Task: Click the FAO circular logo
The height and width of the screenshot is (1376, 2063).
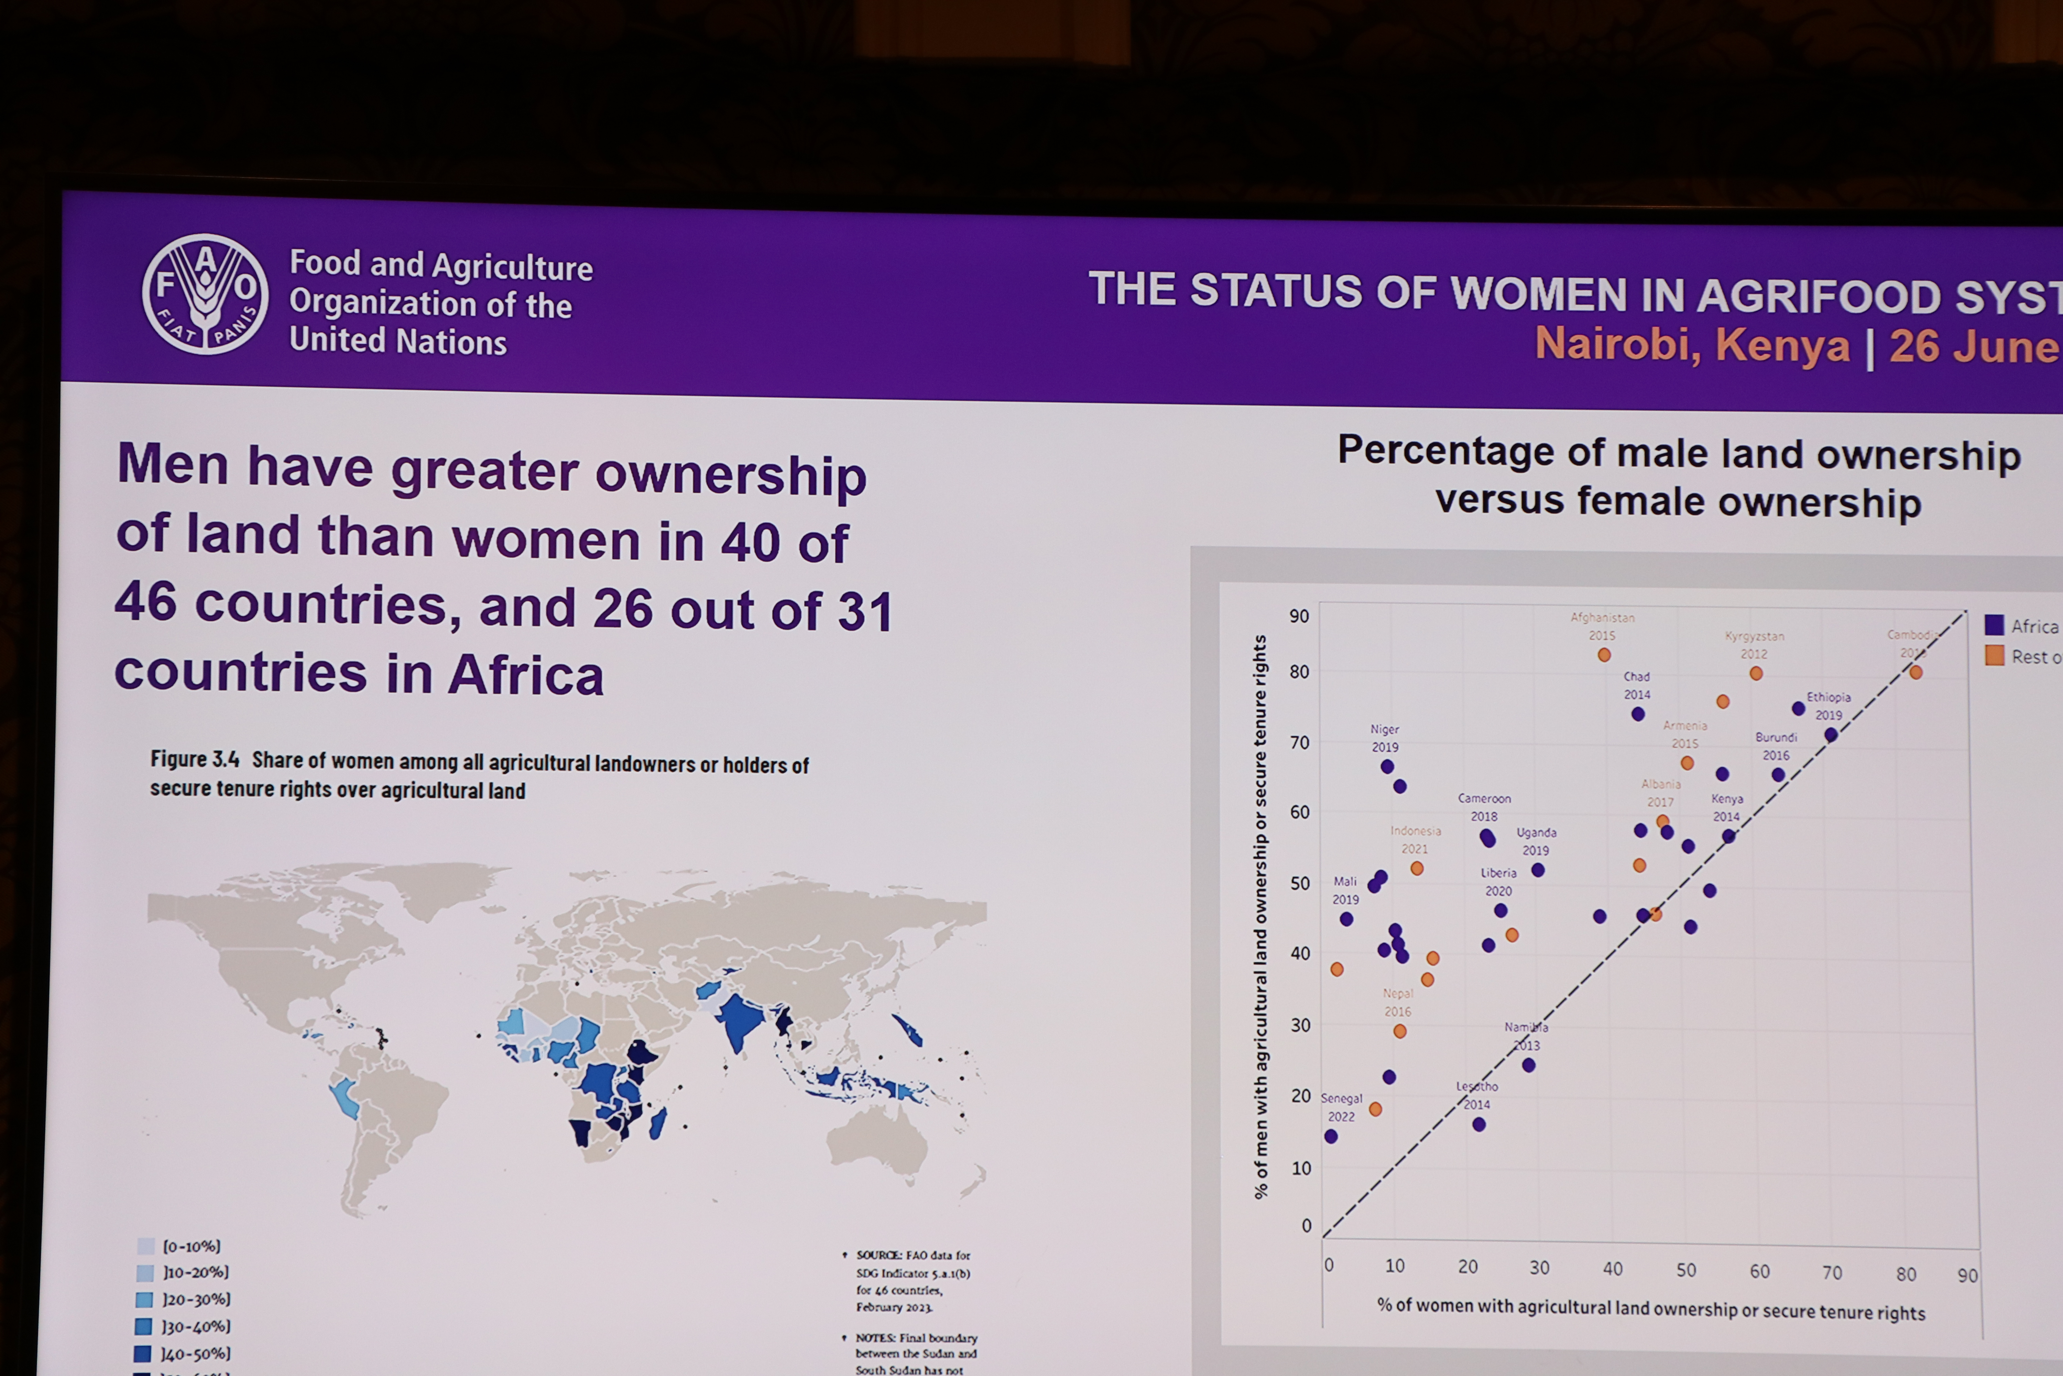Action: point(205,294)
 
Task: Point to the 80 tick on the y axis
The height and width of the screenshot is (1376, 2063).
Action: point(1299,672)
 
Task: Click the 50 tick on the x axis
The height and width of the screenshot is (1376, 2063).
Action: point(1685,1270)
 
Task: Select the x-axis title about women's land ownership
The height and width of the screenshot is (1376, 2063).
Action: point(1651,1309)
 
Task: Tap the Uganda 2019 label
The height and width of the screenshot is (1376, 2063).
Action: point(1536,841)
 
